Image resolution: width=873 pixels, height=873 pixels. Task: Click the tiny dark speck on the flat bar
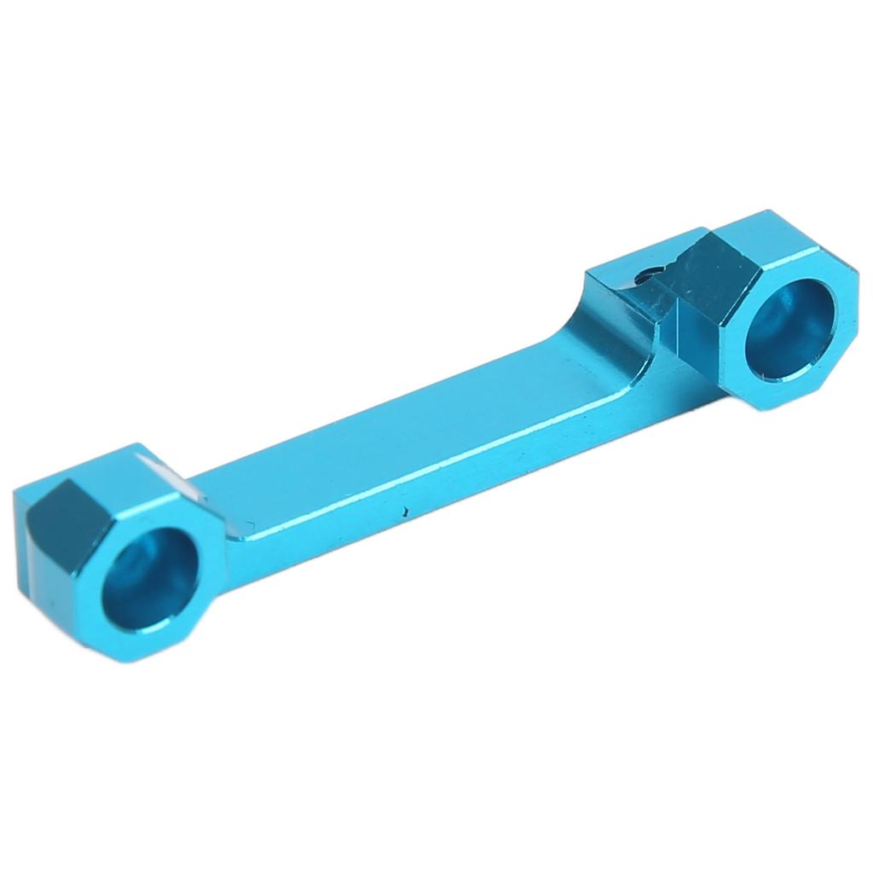click(404, 514)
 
